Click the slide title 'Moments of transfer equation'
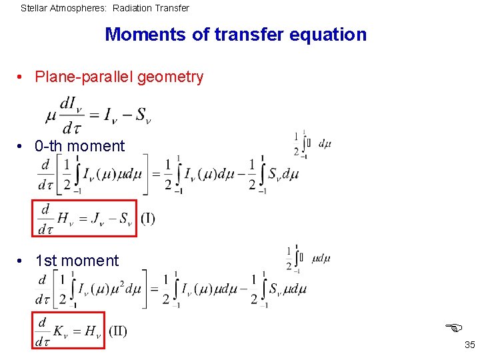pyautogui.click(x=235, y=35)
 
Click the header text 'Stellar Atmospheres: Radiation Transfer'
pyautogui.click(x=105, y=9)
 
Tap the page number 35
pyautogui.click(x=469, y=345)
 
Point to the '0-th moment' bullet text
pyautogui.click(x=80, y=146)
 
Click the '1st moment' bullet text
pyautogui.click(x=77, y=261)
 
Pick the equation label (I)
pyautogui.click(x=147, y=218)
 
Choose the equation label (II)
pyautogui.click(x=117, y=331)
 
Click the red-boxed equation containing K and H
pyautogui.click(x=69, y=331)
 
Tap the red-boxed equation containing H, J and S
pyautogui.click(x=85, y=219)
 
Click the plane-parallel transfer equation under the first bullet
pyautogui.click(x=98, y=114)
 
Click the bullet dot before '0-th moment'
pyautogui.click(x=23, y=147)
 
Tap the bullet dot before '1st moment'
pyautogui.click(x=23, y=261)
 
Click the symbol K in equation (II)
pyautogui.click(x=59, y=331)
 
